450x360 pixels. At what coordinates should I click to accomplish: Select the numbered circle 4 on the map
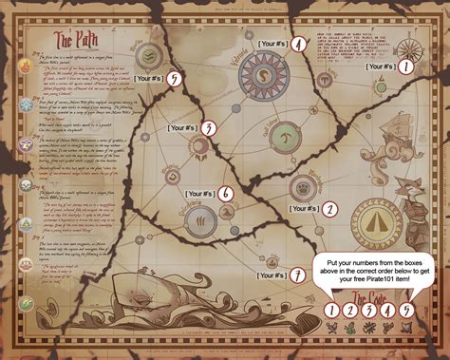click(x=299, y=44)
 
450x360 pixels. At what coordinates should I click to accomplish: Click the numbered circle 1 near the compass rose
click(x=405, y=66)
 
